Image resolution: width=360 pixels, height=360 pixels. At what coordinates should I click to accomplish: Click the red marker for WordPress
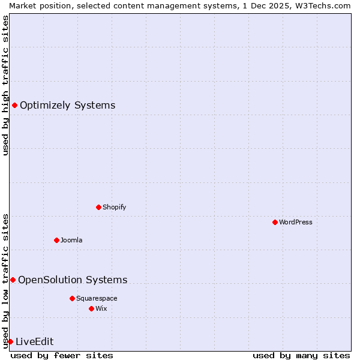pyautogui.click(x=275, y=222)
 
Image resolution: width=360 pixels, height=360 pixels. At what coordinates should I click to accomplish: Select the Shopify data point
pyautogui.click(x=98, y=207)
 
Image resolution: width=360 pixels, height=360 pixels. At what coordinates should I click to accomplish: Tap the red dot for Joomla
pyautogui.click(x=56, y=240)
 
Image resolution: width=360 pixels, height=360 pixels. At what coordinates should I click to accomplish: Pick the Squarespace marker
pyautogui.click(x=72, y=298)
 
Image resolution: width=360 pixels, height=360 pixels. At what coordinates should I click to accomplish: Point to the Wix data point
pyautogui.click(x=91, y=308)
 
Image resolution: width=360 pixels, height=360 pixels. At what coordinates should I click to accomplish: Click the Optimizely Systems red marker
pyautogui.click(x=14, y=106)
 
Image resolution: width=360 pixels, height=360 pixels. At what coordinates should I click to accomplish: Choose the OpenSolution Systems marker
pyautogui.click(x=13, y=280)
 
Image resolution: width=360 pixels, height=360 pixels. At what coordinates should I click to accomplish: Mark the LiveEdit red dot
pyautogui.click(x=10, y=341)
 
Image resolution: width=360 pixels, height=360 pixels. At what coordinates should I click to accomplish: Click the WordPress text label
pyautogui.click(x=296, y=222)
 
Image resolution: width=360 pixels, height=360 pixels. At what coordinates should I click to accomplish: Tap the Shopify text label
pyautogui.click(x=114, y=207)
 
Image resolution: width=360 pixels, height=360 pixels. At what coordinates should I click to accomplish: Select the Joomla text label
pyautogui.click(x=71, y=240)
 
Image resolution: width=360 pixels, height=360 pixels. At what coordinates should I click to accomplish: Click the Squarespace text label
pyautogui.click(x=97, y=298)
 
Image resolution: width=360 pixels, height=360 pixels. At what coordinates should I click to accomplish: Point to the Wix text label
pyautogui.click(x=101, y=308)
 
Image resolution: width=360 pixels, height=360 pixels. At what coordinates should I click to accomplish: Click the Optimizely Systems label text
pyautogui.click(x=67, y=106)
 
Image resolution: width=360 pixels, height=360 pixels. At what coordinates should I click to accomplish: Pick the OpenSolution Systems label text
pyautogui.click(x=73, y=280)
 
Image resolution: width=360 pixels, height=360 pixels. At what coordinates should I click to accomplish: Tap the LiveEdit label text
pyautogui.click(x=34, y=341)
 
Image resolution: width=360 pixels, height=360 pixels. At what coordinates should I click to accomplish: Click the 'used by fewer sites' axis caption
pyautogui.click(x=62, y=355)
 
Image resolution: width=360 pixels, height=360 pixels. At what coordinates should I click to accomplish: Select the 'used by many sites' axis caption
pyautogui.click(x=301, y=355)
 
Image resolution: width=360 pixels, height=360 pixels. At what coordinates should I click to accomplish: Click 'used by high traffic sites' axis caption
pyautogui.click(x=5, y=85)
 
